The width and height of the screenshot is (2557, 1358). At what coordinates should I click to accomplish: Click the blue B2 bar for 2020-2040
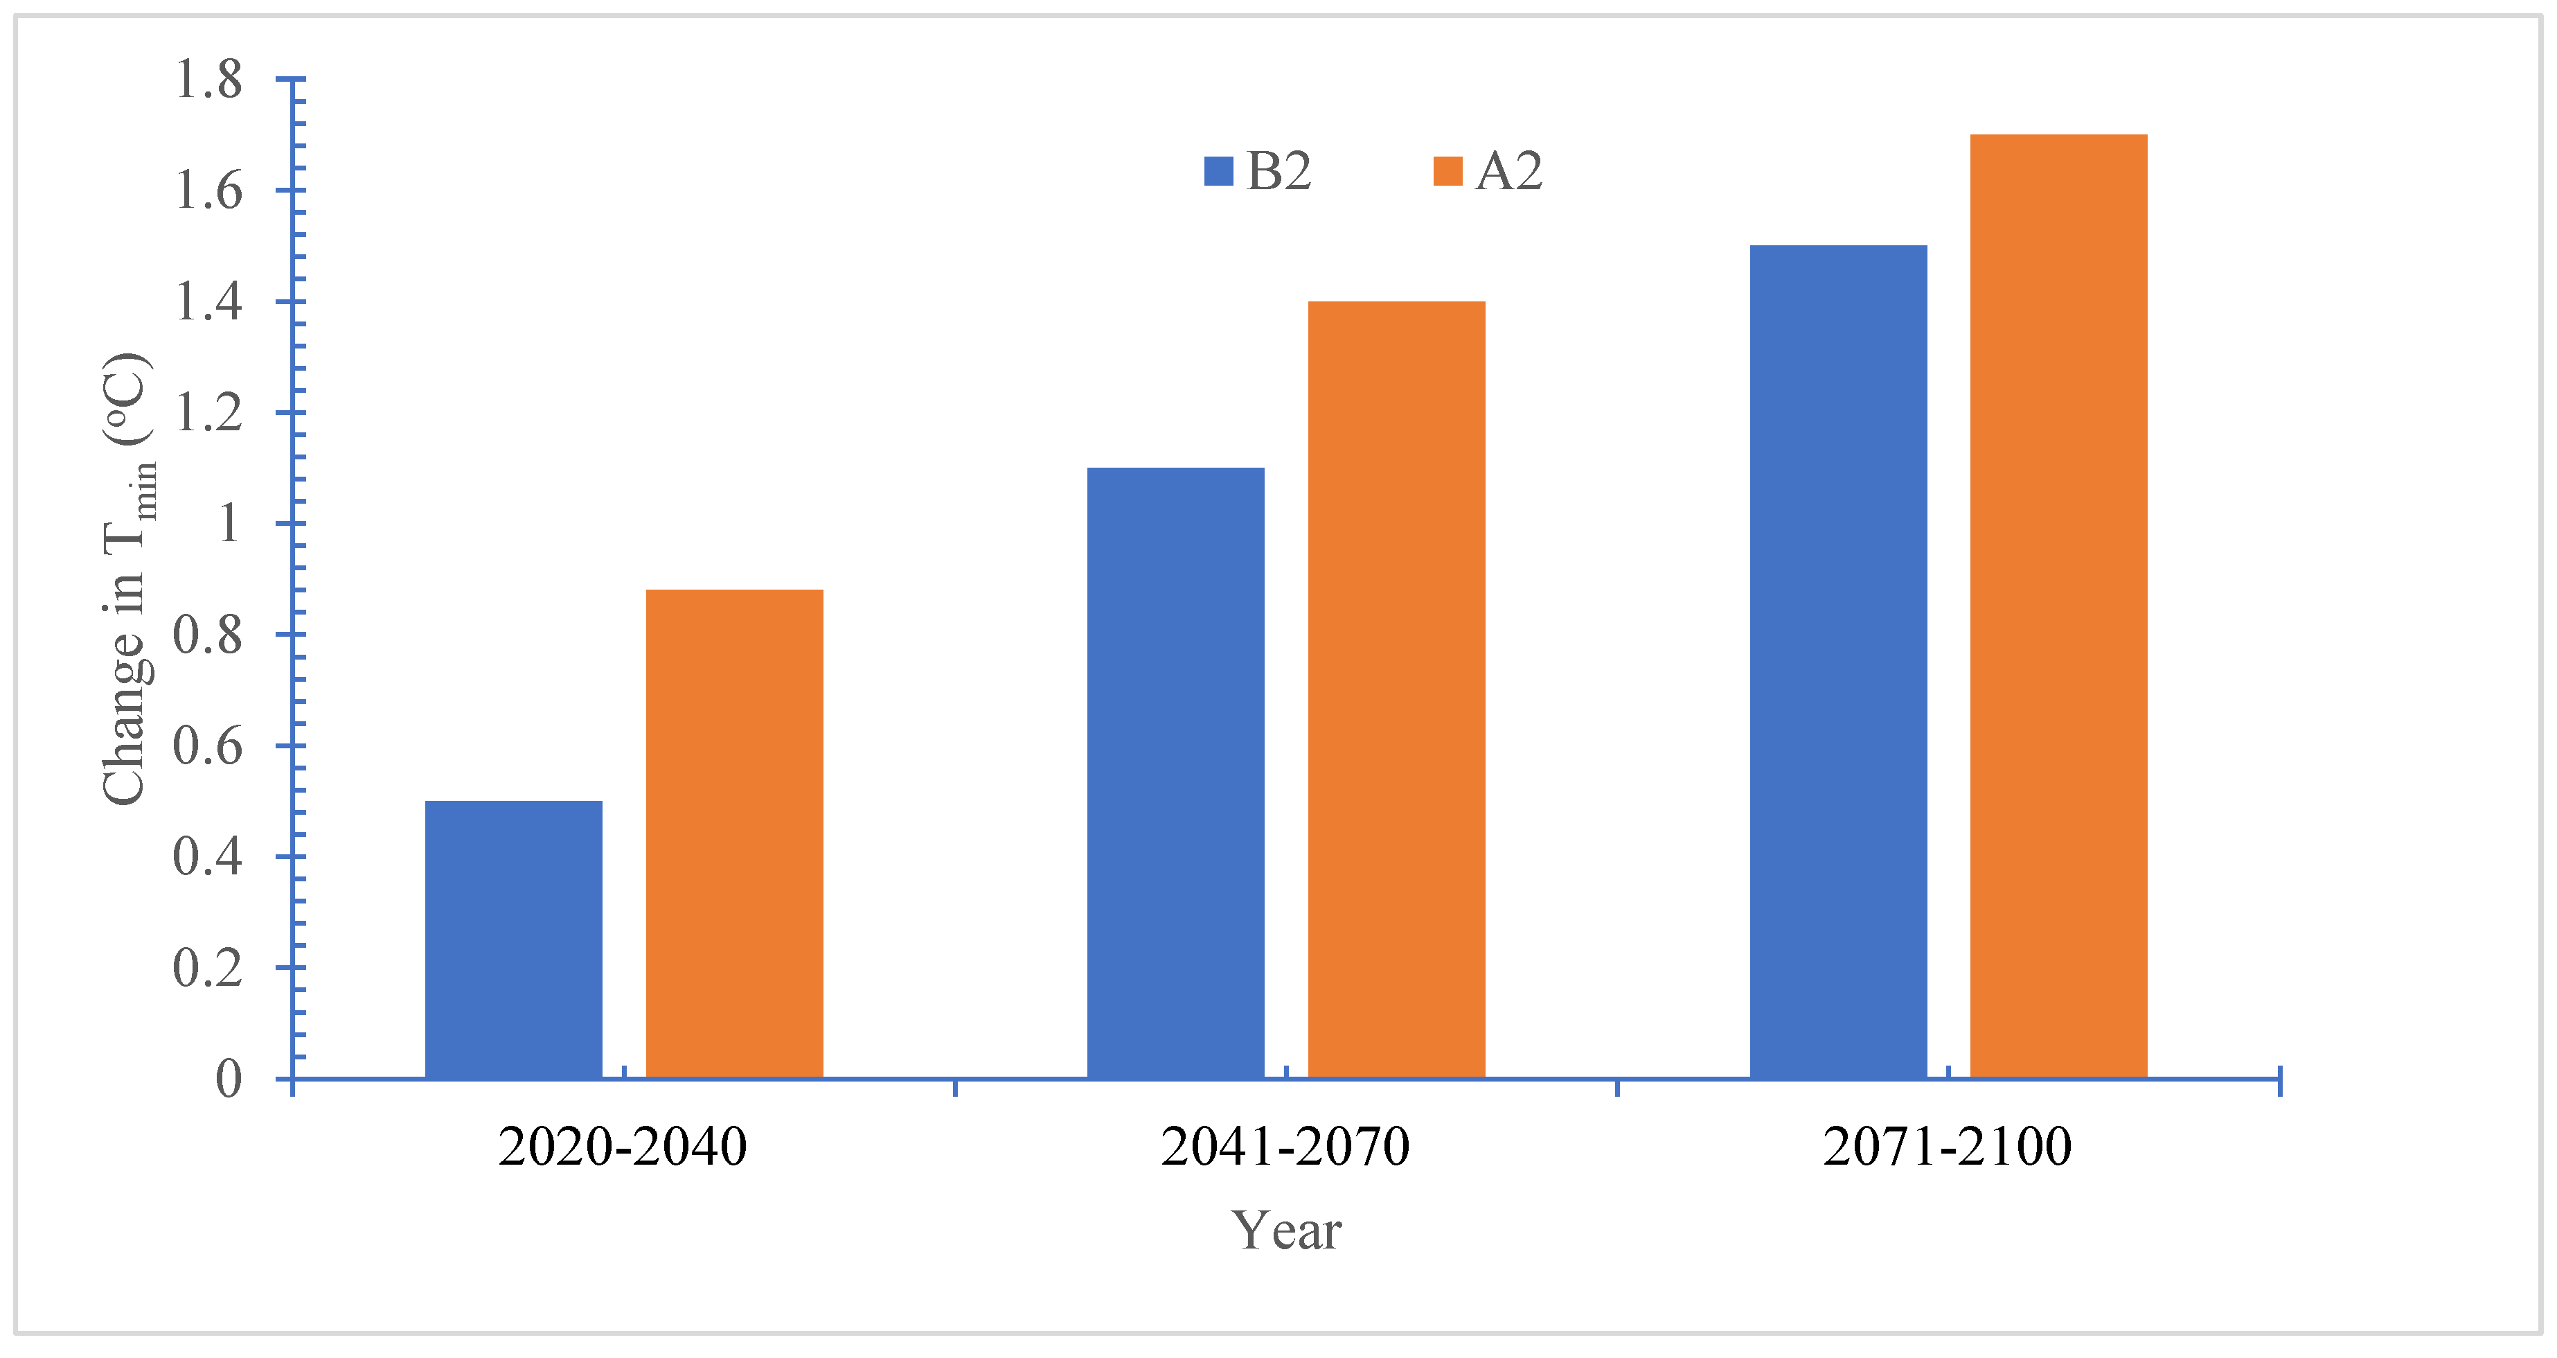pyautogui.click(x=513, y=939)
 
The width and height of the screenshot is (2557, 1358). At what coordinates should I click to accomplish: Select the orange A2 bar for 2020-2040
pyautogui.click(x=735, y=834)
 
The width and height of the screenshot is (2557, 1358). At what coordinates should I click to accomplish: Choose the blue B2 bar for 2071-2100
pyautogui.click(x=1838, y=661)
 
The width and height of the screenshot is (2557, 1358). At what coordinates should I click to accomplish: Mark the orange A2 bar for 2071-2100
pyautogui.click(x=2059, y=606)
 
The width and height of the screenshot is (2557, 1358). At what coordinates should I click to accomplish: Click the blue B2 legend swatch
pyautogui.click(x=1218, y=172)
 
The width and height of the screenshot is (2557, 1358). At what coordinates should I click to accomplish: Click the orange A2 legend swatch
pyautogui.click(x=1447, y=172)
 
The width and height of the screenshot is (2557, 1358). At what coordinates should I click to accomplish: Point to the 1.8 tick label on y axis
pyautogui.click(x=208, y=80)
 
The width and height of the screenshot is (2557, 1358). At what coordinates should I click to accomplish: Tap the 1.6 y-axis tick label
pyautogui.click(x=208, y=191)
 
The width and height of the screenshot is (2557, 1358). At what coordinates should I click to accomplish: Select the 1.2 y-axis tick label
pyautogui.click(x=208, y=413)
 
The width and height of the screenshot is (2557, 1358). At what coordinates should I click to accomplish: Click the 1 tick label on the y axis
pyautogui.click(x=229, y=524)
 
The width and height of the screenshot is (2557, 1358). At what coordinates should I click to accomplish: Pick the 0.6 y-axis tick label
pyautogui.click(x=208, y=746)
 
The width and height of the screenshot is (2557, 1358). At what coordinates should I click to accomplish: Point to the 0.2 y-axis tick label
pyautogui.click(x=208, y=968)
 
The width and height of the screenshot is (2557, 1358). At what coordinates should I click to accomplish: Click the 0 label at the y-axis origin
pyautogui.click(x=229, y=1079)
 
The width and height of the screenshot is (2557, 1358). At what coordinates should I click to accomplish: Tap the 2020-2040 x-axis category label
pyautogui.click(x=623, y=1147)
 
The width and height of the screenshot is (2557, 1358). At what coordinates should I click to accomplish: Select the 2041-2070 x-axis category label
pyautogui.click(x=1285, y=1147)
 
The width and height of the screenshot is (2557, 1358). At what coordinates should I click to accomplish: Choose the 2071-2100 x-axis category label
pyautogui.click(x=1948, y=1147)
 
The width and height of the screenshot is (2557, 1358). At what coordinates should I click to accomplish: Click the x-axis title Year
pyautogui.click(x=1286, y=1231)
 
